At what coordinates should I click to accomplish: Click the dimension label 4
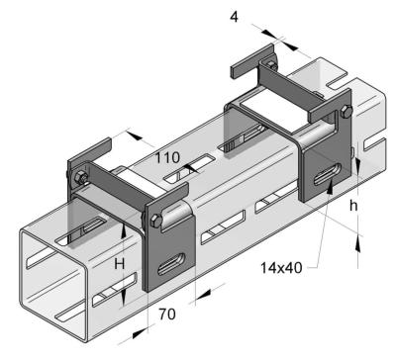click(234, 17)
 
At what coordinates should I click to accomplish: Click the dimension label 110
click(167, 158)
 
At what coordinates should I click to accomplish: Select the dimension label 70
click(167, 315)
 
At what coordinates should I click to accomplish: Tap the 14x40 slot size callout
click(281, 268)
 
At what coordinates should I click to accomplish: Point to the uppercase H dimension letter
click(120, 264)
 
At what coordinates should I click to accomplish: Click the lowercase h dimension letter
click(353, 206)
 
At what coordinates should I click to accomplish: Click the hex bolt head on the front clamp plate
click(156, 221)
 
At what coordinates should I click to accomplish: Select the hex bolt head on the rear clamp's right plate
click(346, 112)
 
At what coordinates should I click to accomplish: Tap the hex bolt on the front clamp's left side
click(80, 178)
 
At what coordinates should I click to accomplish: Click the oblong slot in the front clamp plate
click(171, 264)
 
